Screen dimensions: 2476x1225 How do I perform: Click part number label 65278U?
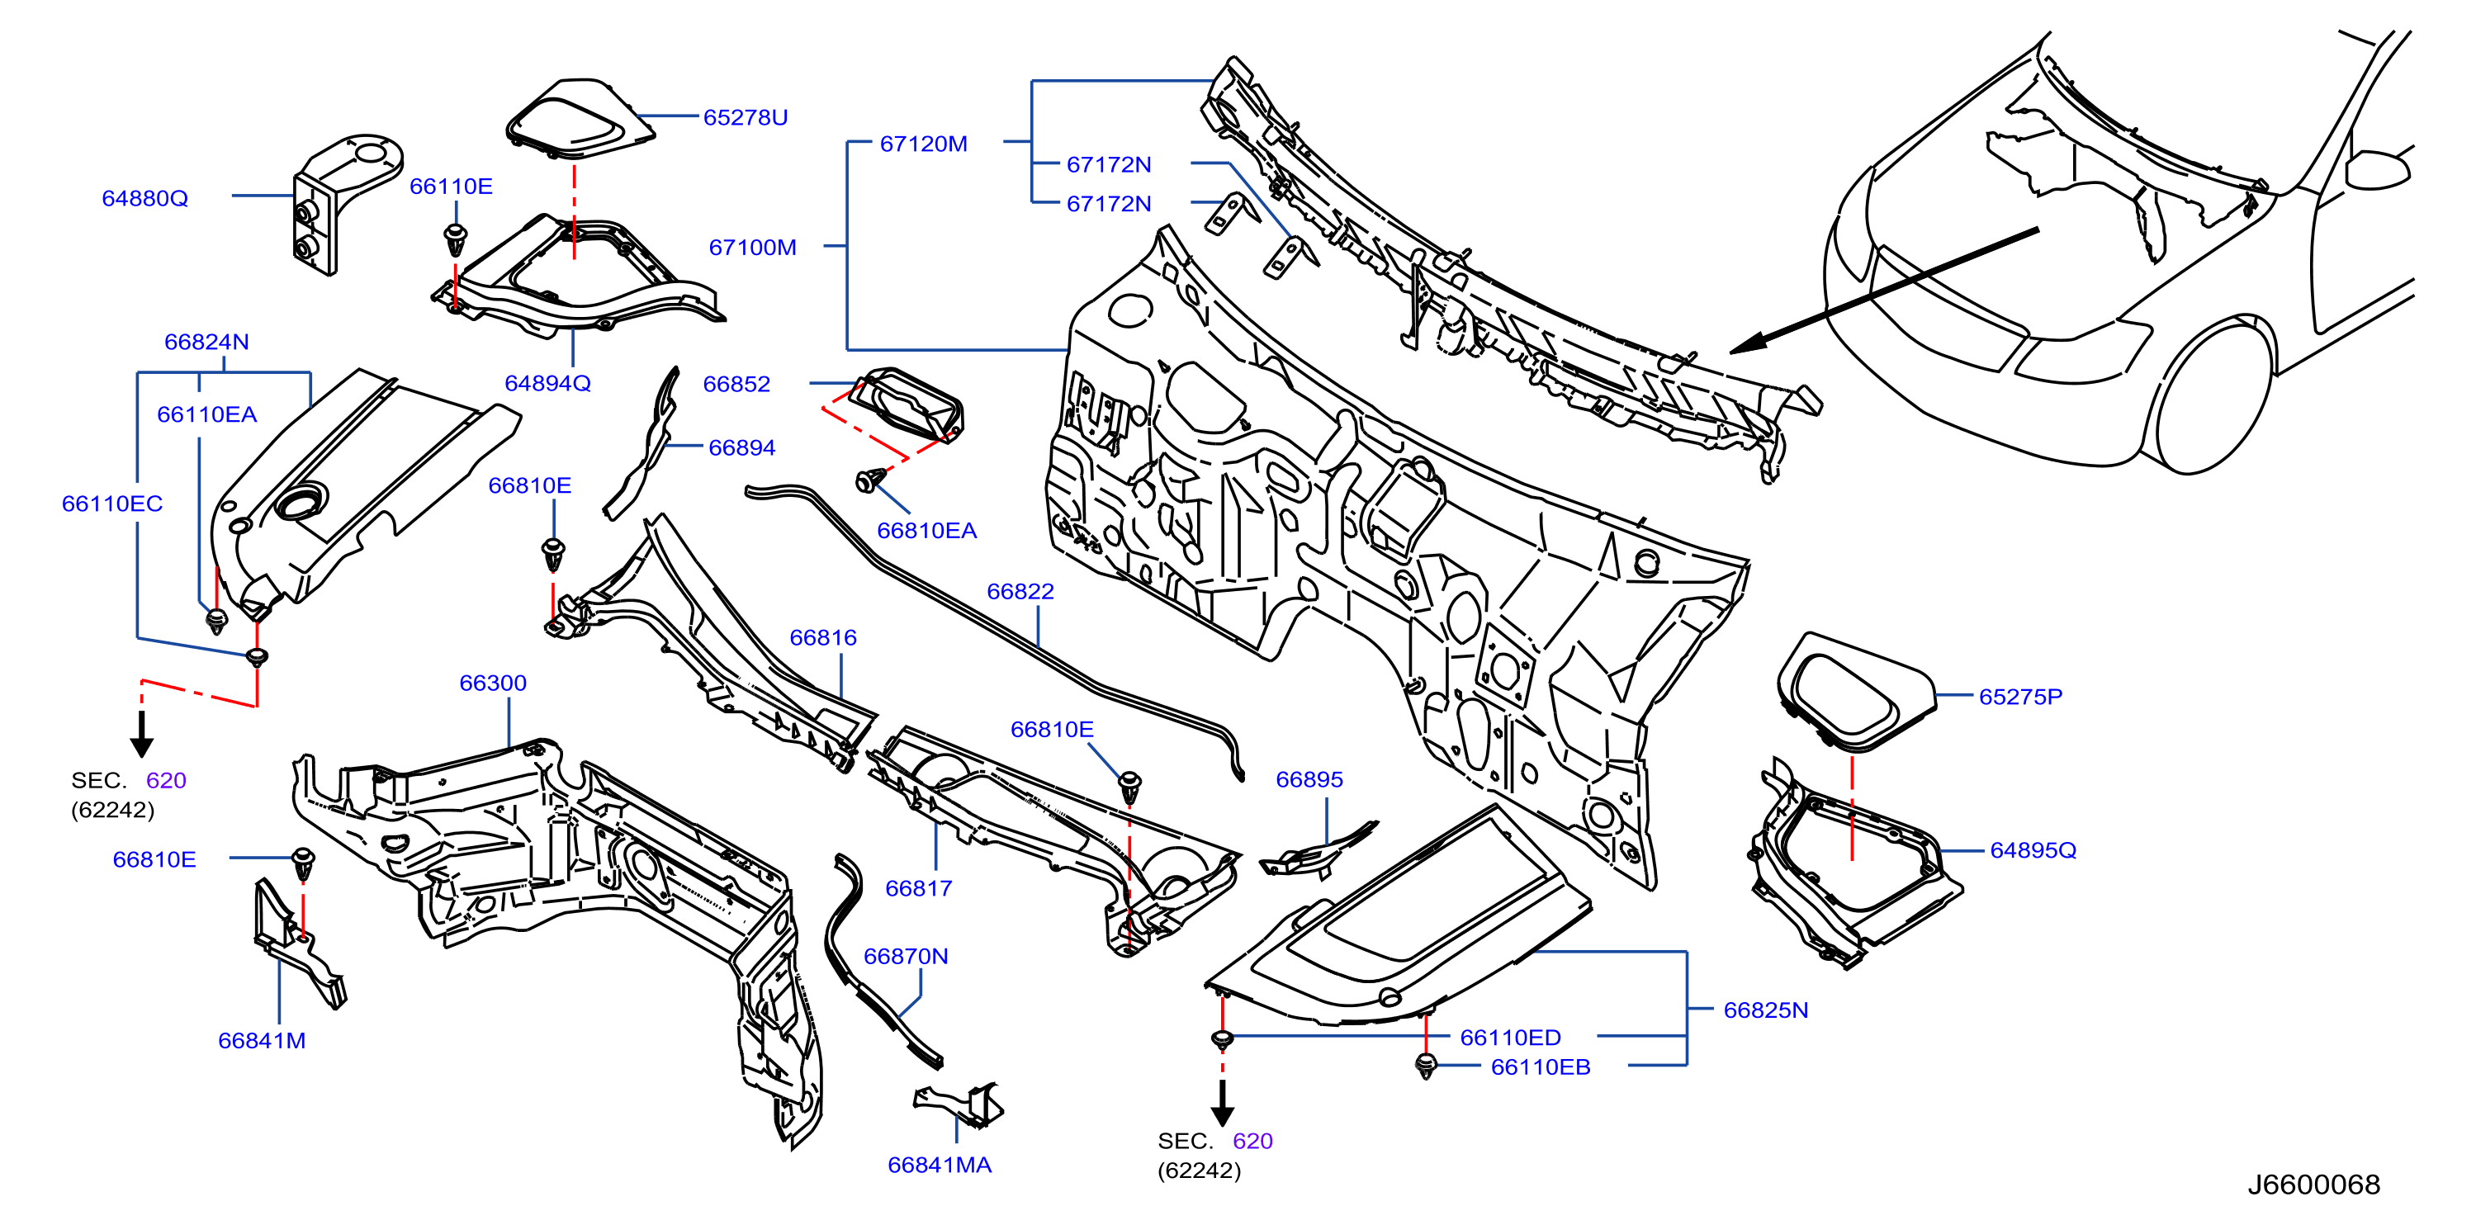click(745, 117)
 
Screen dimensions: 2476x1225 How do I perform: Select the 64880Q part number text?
click(145, 198)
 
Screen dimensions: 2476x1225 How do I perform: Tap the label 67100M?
click(753, 247)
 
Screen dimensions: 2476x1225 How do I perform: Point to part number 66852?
click(736, 385)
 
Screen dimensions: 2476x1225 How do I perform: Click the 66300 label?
click(493, 683)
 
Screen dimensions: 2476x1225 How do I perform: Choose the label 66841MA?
click(939, 1165)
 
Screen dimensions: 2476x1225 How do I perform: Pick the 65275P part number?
click(2020, 697)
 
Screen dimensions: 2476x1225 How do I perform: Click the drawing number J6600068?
click(2313, 1185)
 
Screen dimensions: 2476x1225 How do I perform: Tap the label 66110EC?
click(112, 504)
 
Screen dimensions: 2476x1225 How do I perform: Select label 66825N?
click(1766, 1010)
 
